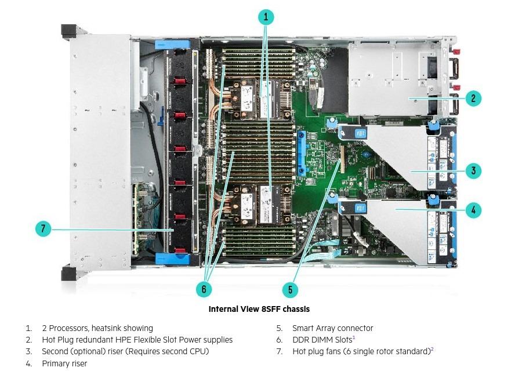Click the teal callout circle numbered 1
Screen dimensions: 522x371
tap(266, 17)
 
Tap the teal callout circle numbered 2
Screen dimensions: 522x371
tap(473, 98)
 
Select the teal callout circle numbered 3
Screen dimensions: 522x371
tap(473, 171)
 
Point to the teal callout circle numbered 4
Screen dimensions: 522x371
tap(473, 210)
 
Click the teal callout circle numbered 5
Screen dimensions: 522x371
tap(291, 289)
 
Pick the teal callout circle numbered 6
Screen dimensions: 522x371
tap(204, 289)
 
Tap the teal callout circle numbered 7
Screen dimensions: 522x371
tap(43, 229)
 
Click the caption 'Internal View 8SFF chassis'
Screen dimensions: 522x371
tap(259, 309)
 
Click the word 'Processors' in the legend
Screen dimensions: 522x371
tap(69, 328)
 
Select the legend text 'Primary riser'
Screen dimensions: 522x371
tap(64, 363)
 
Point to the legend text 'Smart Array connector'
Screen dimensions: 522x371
tap(332, 328)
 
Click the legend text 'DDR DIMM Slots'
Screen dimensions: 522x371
tap(322, 340)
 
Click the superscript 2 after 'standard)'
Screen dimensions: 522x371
tap(432, 349)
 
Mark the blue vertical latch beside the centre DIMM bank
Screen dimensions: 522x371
tap(301, 153)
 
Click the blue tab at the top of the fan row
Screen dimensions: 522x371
tap(172, 45)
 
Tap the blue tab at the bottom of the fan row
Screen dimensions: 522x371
tap(172, 259)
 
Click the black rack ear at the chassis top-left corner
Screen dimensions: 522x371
tap(69, 31)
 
